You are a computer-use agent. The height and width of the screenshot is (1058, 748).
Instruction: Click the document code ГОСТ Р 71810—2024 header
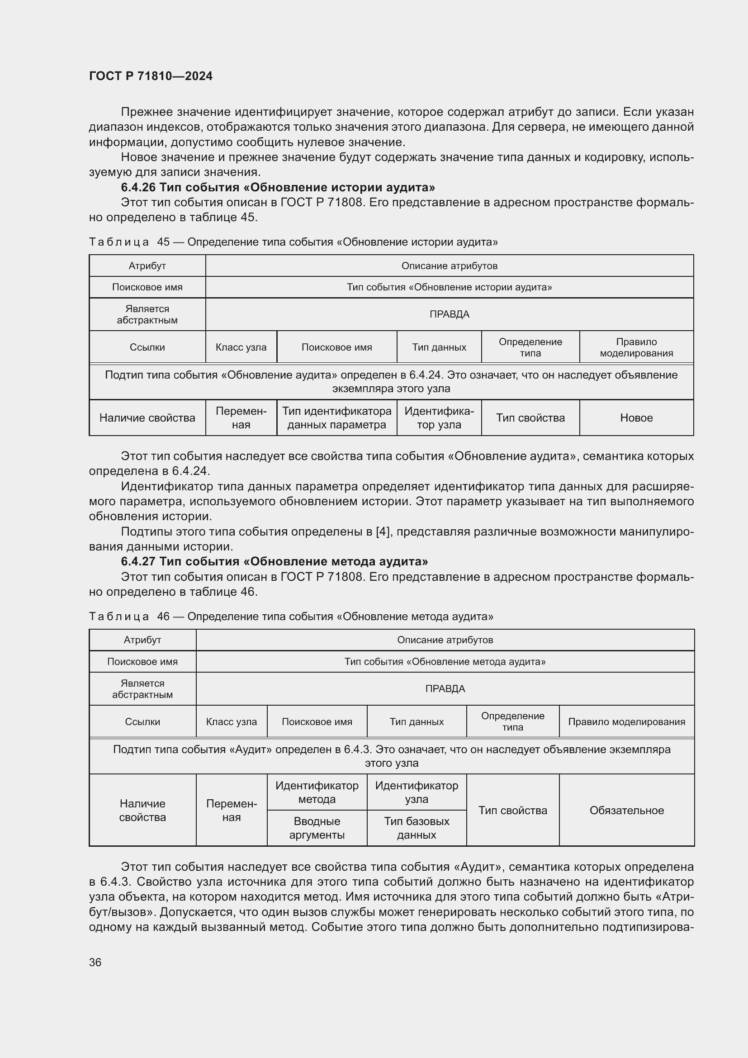click(x=151, y=76)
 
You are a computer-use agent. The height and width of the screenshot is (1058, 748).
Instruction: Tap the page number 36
click(x=95, y=962)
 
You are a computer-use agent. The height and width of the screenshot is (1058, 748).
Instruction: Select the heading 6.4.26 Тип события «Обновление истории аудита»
click(x=278, y=187)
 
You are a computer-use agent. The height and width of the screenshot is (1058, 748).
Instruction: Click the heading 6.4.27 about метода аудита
click(x=274, y=561)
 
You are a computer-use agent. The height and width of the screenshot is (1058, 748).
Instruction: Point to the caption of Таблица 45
click(x=293, y=242)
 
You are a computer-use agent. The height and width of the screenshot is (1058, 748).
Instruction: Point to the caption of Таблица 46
click(x=291, y=616)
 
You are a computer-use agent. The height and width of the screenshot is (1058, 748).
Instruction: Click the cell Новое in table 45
click(x=636, y=418)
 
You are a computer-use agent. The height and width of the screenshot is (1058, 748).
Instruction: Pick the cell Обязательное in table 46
click(x=626, y=810)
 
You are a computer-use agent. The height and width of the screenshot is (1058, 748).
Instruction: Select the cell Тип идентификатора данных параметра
click(x=337, y=418)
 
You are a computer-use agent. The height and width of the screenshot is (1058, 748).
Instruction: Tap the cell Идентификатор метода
click(x=317, y=792)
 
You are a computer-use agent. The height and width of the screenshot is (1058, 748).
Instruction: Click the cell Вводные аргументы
click(x=317, y=828)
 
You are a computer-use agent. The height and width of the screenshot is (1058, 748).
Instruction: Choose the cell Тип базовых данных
click(x=417, y=828)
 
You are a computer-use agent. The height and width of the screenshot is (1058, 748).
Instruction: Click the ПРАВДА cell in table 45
click(x=449, y=314)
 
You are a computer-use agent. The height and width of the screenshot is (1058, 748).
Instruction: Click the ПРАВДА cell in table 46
click(x=445, y=688)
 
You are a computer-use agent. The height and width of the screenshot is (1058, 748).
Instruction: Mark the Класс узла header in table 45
click(x=241, y=347)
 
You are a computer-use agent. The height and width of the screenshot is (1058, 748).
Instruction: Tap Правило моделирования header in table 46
click(x=626, y=721)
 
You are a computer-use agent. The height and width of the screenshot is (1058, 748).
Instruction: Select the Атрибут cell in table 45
click(x=147, y=266)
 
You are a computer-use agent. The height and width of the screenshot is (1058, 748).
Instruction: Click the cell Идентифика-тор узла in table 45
click(x=439, y=418)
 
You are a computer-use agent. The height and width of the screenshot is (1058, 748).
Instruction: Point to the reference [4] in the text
click(x=383, y=532)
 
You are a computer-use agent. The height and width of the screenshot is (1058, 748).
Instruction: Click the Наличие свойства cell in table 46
click(x=142, y=810)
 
